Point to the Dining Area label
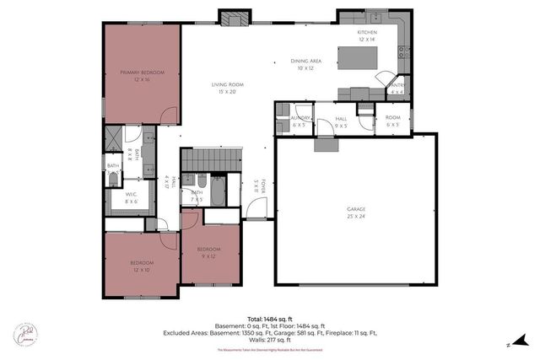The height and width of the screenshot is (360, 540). pos(307,65)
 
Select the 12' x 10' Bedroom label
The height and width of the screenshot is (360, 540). pos(141,266)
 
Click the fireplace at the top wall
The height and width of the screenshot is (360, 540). pos(234,17)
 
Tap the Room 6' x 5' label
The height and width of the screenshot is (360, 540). pos(392,121)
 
